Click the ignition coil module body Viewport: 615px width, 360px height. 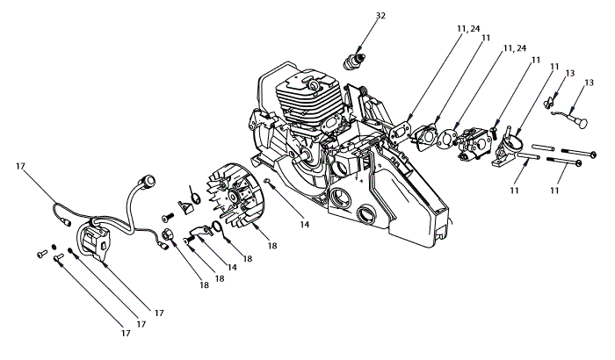click(x=95, y=240)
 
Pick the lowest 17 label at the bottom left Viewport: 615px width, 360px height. click(x=127, y=334)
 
